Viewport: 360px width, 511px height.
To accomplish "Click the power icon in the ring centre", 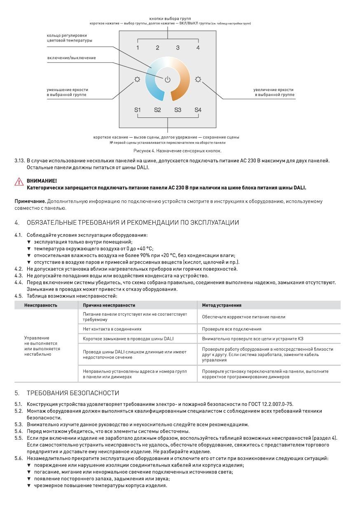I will click(x=167, y=80).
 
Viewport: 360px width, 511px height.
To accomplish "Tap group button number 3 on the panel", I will click(x=178, y=48).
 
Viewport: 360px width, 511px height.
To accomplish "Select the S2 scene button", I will click(x=157, y=110).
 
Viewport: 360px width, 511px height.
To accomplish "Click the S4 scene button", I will click(x=198, y=110).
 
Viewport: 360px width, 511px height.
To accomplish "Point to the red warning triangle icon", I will click(x=19, y=182).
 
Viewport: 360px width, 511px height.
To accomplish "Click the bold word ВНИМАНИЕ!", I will click(x=42, y=181).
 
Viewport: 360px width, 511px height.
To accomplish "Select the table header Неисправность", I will click(x=41, y=305).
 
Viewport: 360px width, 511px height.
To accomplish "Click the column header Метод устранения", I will click(x=222, y=305).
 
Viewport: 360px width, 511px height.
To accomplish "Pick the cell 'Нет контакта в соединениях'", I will click(x=112, y=329).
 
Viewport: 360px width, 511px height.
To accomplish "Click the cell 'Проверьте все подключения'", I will click(x=231, y=329).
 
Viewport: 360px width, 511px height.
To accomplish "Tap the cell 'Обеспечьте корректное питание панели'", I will click(x=243, y=317).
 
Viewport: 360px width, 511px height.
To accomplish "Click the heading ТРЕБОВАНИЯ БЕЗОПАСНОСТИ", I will click(x=73, y=393).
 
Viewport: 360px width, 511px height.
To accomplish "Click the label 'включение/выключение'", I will click(x=71, y=58).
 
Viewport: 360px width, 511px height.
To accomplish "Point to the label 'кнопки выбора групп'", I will click(x=167, y=19).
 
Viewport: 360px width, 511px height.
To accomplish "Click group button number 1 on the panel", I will click(x=138, y=48).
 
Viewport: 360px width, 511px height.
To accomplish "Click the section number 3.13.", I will click(x=19, y=160).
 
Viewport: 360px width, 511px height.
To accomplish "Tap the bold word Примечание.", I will click(x=30, y=201).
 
